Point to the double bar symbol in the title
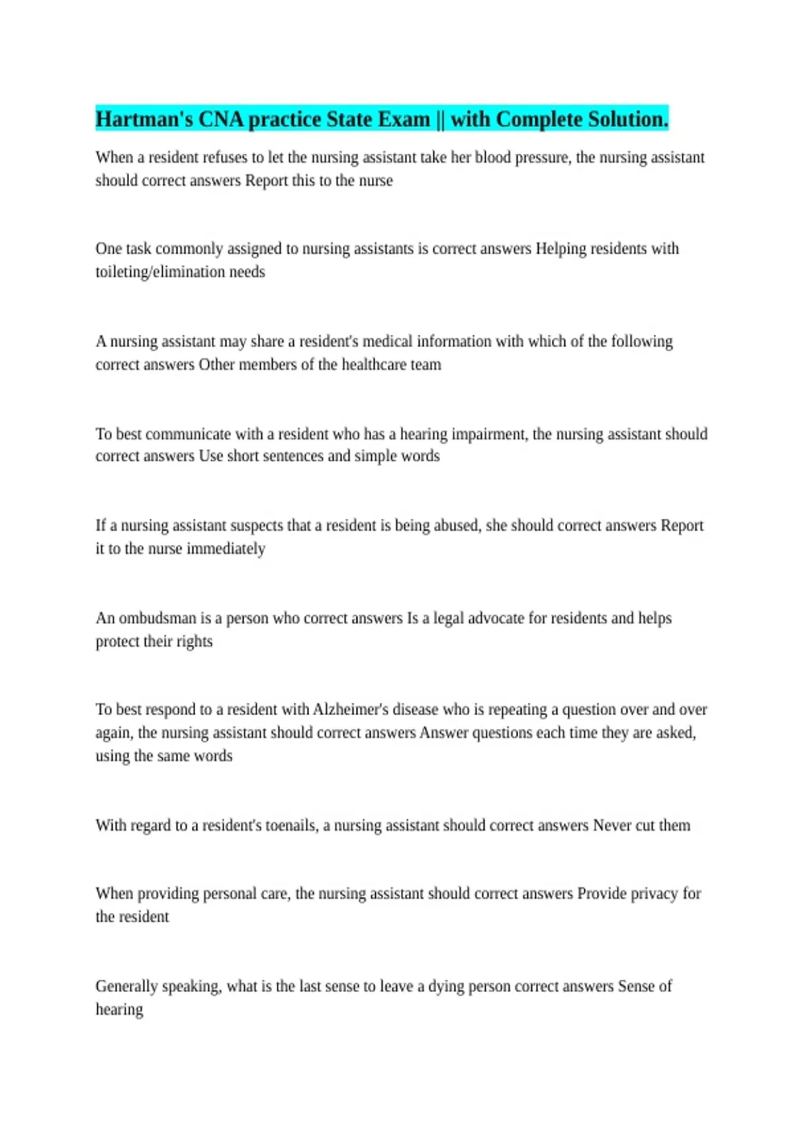point(440,120)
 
